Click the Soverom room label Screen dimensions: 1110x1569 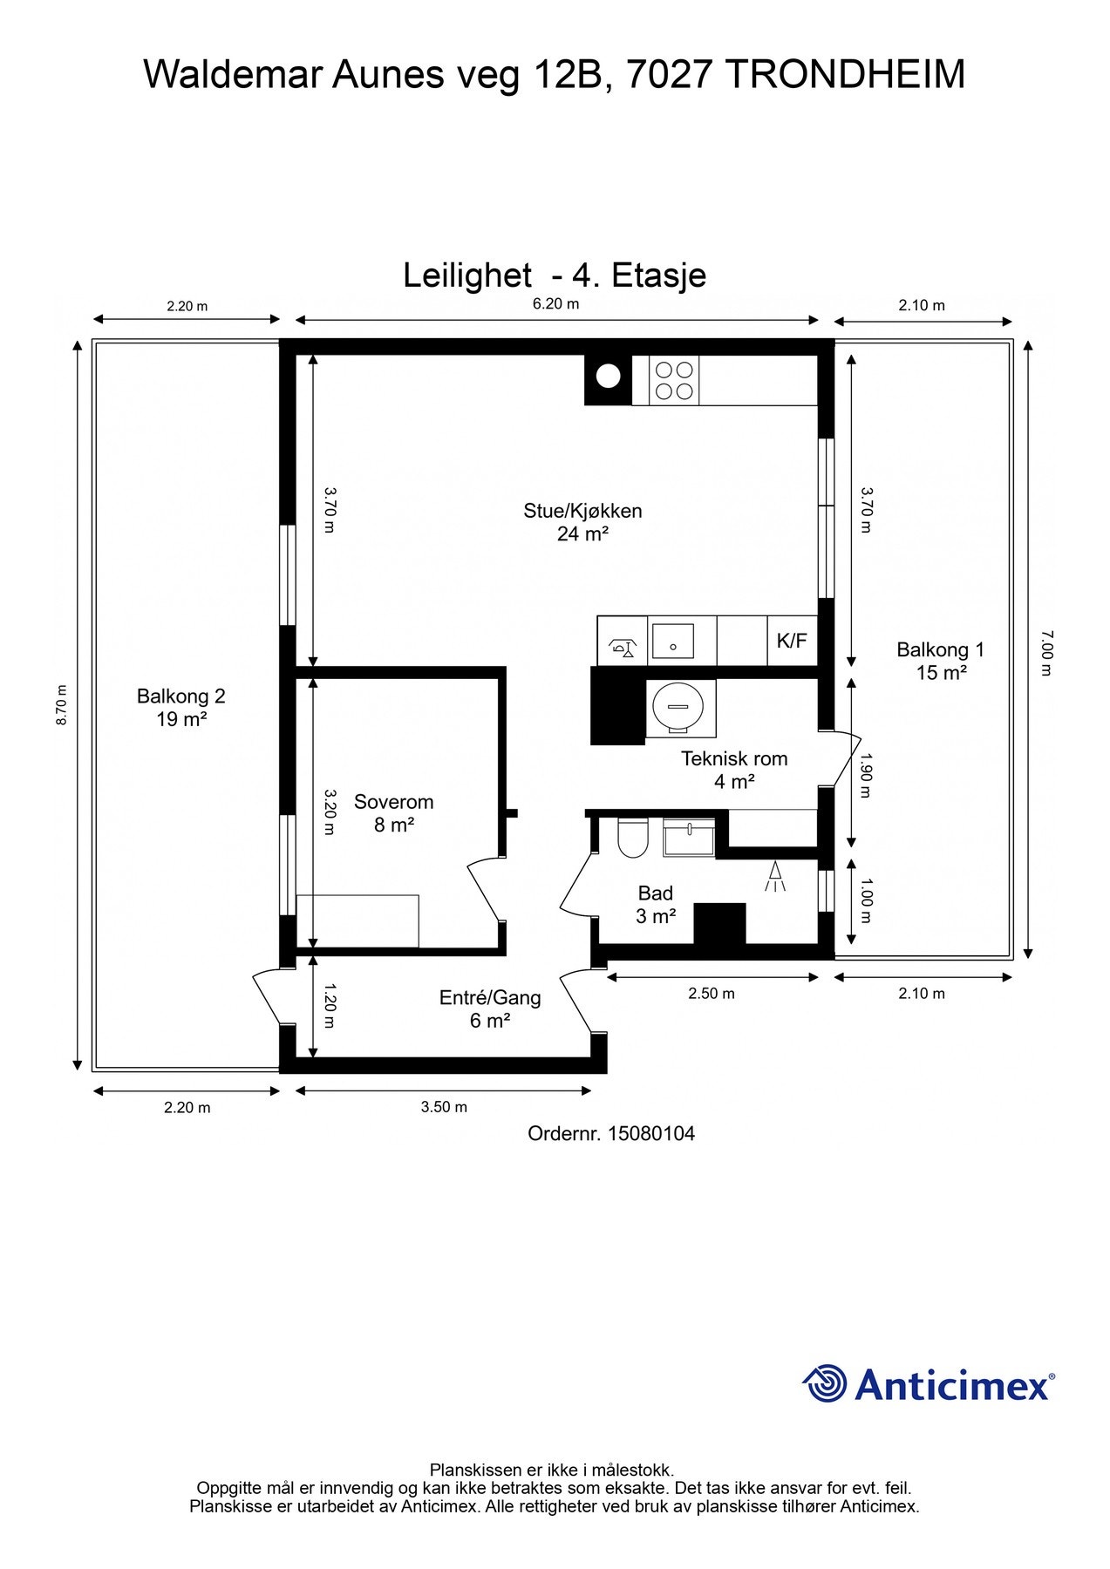pyautogui.click(x=393, y=802)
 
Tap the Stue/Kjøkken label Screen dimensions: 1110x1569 pyautogui.click(x=582, y=511)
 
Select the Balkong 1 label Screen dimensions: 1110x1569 pyautogui.click(x=940, y=649)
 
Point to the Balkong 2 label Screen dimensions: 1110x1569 pyautogui.click(x=181, y=696)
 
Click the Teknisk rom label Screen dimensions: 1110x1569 pyautogui.click(x=734, y=758)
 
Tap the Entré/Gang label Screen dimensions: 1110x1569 pyautogui.click(x=490, y=998)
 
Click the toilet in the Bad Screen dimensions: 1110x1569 pyautogui.click(x=631, y=838)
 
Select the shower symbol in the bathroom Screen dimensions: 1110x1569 pyautogui.click(x=774, y=876)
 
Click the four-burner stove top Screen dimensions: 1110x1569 pyautogui.click(x=673, y=381)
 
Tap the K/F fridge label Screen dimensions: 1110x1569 pyautogui.click(x=792, y=641)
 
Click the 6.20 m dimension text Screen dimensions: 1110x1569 pyautogui.click(x=556, y=304)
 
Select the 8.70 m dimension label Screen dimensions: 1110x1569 pyautogui.click(x=61, y=704)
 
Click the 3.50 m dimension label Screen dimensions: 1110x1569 pyautogui.click(x=444, y=1107)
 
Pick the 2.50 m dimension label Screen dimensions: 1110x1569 pyautogui.click(x=712, y=994)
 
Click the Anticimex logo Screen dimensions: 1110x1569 pyautogui.click(x=929, y=1383)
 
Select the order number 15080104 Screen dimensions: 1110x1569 pyautogui.click(x=651, y=1133)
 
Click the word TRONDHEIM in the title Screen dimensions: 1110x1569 pyautogui.click(x=845, y=74)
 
